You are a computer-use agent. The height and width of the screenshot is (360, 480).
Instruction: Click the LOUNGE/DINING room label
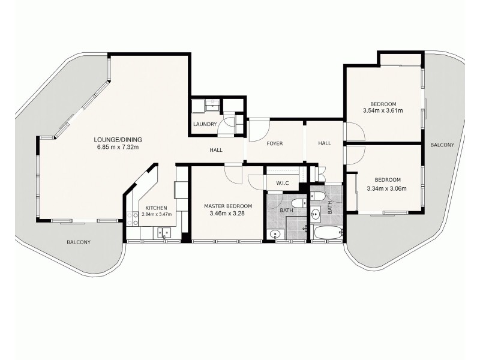tap(118, 139)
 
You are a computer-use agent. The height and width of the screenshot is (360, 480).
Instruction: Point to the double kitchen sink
tap(162, 233)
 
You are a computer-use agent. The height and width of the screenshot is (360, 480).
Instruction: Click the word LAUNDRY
tap(205, 124)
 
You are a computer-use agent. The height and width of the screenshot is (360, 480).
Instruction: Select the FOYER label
tap(274, 143)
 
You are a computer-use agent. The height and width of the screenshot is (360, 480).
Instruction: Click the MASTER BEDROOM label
tap(227, 206)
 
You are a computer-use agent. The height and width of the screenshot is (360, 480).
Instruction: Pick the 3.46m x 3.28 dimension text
tap(227, 213)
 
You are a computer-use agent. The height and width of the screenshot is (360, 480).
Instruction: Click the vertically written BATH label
tap(329, 208)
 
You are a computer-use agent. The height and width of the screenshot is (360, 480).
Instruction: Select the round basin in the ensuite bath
tap(275, 233)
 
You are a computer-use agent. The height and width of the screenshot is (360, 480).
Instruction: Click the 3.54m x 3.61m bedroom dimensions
tap(382, 110)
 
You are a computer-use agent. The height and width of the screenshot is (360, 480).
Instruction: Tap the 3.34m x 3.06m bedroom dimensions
tap(386, 188)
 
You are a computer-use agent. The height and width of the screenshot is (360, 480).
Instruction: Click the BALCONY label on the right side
tap(442, 145)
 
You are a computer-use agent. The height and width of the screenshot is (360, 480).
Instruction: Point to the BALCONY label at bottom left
tap(78, 242)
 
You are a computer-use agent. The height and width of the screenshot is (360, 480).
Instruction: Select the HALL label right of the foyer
tap(325, 143)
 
